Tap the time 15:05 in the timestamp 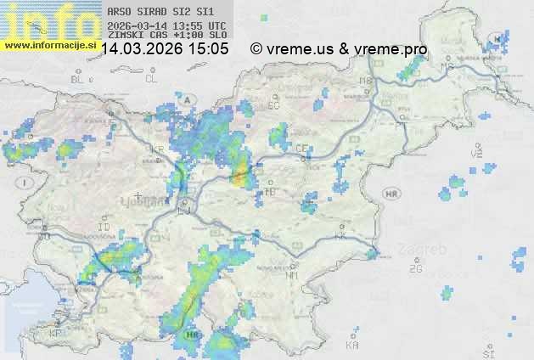point(208,49)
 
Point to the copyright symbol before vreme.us point(256,49)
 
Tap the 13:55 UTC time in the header point(201,25)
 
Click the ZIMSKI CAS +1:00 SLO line point(166,35)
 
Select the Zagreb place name point(426,250)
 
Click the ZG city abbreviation point(415,269)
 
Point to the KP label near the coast point(56,334)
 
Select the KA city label point(352,346)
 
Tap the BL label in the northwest point(79,79)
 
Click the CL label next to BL point(152,79)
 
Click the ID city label point(104,228)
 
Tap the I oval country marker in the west point(27,183)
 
